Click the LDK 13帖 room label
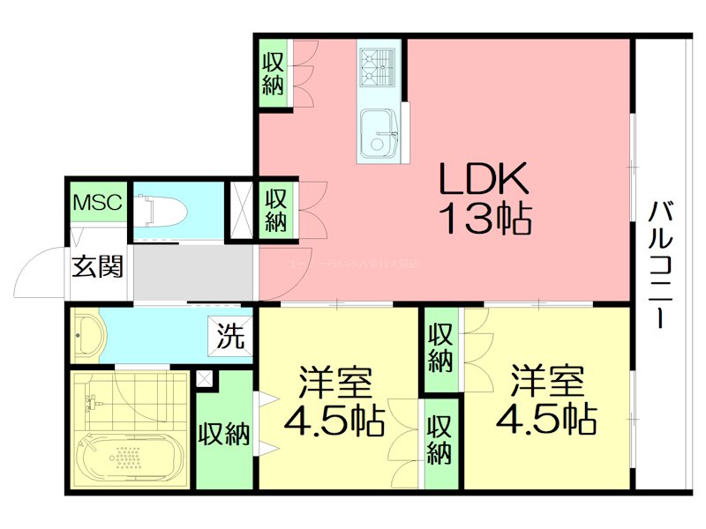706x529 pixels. [484, 199]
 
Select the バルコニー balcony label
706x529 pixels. [660, 264]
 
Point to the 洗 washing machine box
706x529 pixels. [230, 335]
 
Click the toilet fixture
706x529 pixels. [163, 209]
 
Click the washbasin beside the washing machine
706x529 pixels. [89, 336]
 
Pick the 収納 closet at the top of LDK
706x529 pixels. [274, 74]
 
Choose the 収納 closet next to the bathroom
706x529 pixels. [223, 435]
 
